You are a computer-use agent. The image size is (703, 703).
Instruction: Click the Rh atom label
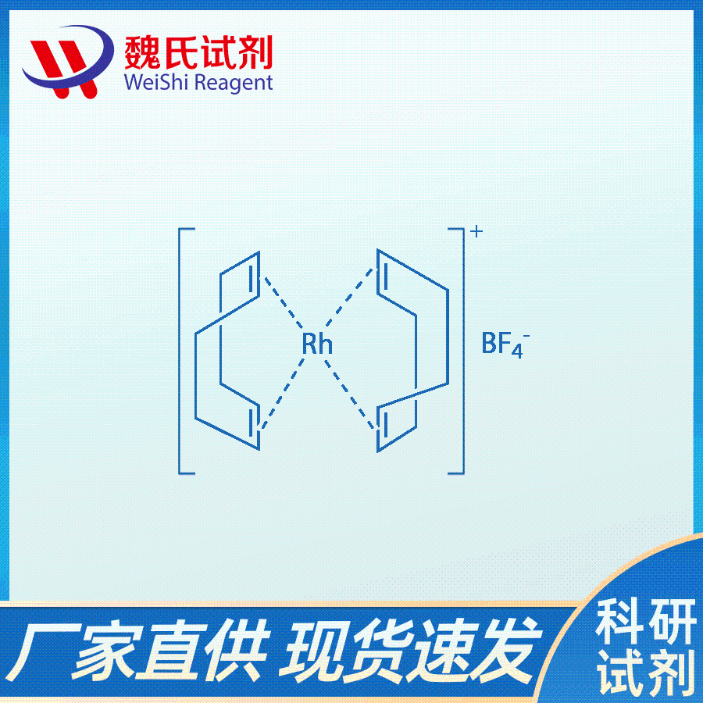click(317, 344)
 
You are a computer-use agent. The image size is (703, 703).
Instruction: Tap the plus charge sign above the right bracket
click(476, 231)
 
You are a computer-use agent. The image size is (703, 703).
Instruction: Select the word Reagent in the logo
click(234, 84)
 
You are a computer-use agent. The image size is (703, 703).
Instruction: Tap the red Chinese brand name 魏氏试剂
click(198, 52)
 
